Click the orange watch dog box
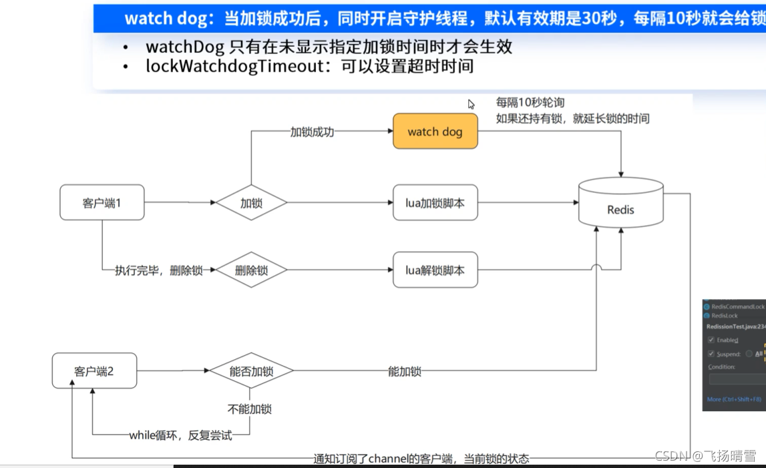[435, 132]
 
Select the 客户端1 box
[102, 202]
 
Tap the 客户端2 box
[94, 371]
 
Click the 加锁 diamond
[251, 203]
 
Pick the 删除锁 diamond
[251, 270]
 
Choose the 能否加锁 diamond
[251, 371]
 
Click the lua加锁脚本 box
[435, 202]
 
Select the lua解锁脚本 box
[435, 270]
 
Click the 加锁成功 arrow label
[312, 132]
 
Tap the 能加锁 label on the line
[405, 371]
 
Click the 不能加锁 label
[250, 409]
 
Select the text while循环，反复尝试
[180, 436]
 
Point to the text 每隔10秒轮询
[530, 103]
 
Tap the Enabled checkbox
[711, 340]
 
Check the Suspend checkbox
[711, 354]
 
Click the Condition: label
[722, 367]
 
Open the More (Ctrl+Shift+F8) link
[734, 399]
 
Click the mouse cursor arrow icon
[471, 104]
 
